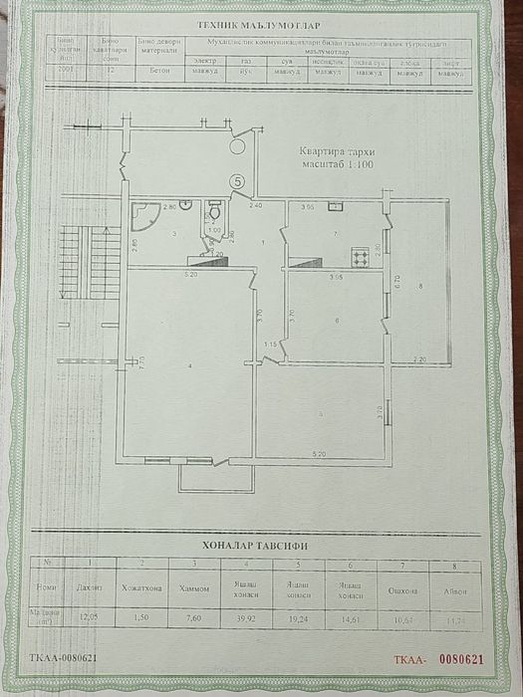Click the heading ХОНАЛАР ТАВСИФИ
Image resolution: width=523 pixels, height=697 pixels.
[256, 545]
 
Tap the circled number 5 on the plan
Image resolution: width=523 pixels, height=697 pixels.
[236, 181]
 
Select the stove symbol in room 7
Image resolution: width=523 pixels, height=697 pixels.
[361, 257]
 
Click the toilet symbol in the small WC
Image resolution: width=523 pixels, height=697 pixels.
[214, 213]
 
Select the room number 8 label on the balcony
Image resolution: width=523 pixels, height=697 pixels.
[421, 287]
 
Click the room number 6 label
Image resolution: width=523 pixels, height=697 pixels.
[338, 321]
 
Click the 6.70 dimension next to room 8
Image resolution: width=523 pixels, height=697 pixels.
[395, 281]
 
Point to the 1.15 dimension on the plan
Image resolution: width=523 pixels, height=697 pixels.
[269, 345]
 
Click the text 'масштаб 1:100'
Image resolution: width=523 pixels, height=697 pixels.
[337, 164]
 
